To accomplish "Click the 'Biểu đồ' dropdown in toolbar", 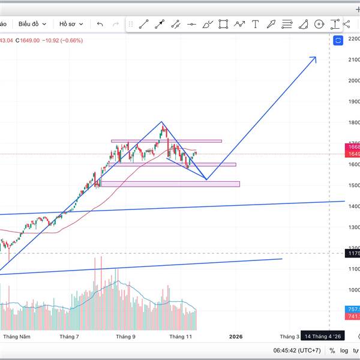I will coord(32,24).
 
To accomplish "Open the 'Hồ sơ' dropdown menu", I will coord(71,24).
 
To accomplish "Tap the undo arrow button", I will coord(100,24).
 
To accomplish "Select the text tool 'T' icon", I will coord(256,24).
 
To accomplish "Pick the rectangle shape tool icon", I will coord(223,24).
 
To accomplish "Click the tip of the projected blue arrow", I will coord(316,58).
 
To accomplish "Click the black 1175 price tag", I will coord(353,253).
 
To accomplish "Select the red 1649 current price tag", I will coord(353,154).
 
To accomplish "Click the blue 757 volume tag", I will coord(353,309).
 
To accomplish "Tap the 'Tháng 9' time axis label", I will coord(125,337).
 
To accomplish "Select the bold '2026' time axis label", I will coord(236,337).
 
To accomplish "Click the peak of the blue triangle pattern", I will coord(161,122).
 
